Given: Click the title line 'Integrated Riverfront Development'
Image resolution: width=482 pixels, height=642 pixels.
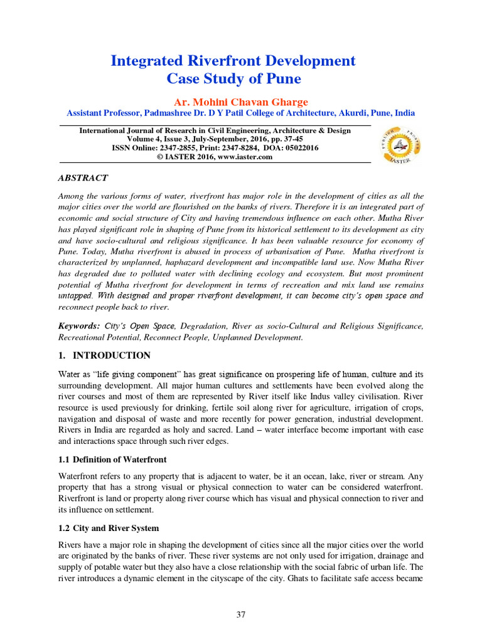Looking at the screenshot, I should point(233,61).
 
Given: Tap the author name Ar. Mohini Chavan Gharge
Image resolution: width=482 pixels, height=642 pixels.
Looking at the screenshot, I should point(240,102).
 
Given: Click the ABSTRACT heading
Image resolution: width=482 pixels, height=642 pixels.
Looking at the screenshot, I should point(83,178).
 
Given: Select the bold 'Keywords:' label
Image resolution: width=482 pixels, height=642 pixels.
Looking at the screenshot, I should point(79,326).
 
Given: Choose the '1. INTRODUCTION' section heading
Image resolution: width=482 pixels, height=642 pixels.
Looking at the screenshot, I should point(104,355).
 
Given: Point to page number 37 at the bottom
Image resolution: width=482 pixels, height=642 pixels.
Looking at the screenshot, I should point(240,614).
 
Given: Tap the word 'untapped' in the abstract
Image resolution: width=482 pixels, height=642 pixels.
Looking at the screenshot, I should point(75,295).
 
